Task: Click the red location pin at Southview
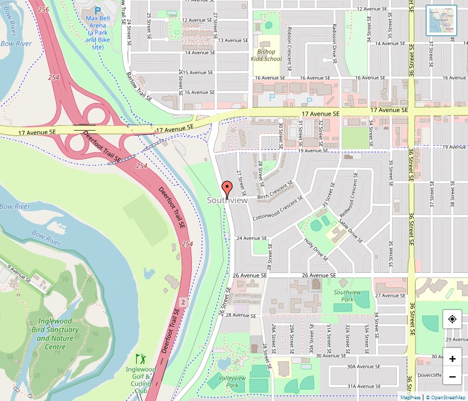click(x=227, y=188)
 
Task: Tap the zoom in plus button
click(x=452, y=359)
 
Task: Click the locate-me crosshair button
click(x=452, y=319)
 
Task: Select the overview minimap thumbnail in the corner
click(x=441, y=20)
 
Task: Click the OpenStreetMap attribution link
click(x=446, y=397)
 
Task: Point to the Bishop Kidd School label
click(x=266, y=55)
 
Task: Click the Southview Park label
click(x=347, y=296)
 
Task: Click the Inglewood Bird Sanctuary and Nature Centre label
click(x=58, y=334)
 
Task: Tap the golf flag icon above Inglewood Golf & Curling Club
click(x=141, y=359)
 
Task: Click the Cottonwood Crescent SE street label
click(x=279, y=208)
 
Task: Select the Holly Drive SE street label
click(x=317, y=249)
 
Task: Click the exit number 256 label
click(x=43, y=10)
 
